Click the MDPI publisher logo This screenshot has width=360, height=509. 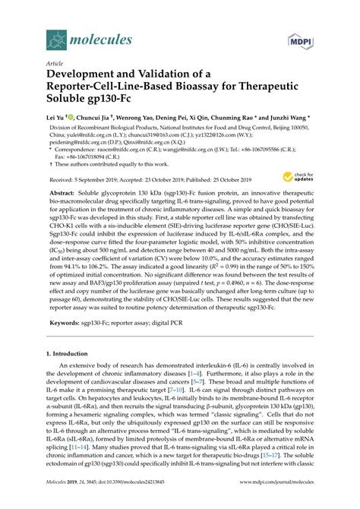(x=301, y=39)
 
